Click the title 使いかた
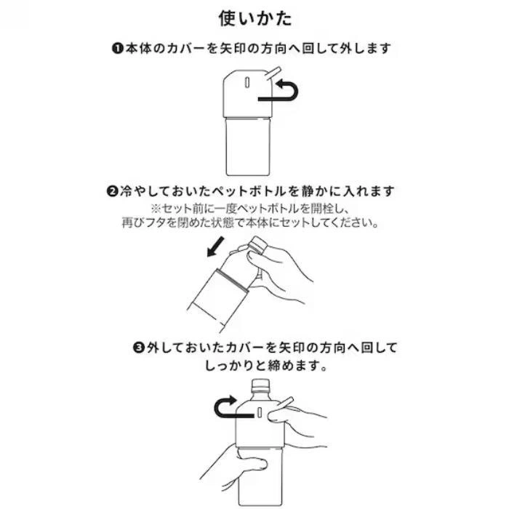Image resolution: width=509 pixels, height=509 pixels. pyautogui.click(x=255, y=18)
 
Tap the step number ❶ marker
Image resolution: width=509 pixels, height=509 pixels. pyautogui.click(x=117, y=49)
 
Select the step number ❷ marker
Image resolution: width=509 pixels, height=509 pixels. pyautogui.click(x=112, y=191)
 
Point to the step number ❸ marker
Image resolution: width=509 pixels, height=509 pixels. pyautogui.click(x=139, y=348)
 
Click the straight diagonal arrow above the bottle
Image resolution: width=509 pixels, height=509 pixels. pyautogui.click(x=215, y=247)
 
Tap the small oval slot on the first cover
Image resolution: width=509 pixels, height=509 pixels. pyautogui.click(x=247, y=82)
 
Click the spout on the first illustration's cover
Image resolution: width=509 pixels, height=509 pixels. pyautogui.click(x=273, y=73)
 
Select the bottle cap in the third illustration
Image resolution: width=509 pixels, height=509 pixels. pyautogui.click(x=261, y=385)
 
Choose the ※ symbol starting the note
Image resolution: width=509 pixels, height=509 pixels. pyautogui.click(x=156, y=208)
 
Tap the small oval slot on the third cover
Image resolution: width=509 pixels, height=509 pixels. pyautogui.click(x=260, y=412)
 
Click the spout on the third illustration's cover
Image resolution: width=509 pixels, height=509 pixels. pyautogui.click(x=286, y=402)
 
